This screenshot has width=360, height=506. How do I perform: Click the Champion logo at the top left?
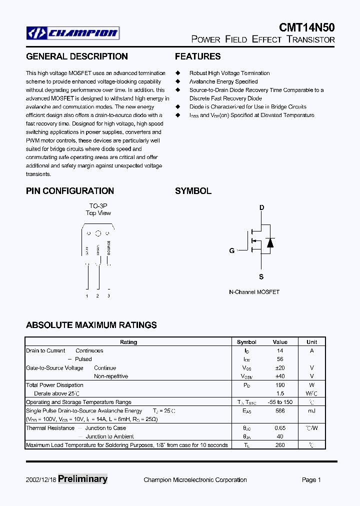(73, 33)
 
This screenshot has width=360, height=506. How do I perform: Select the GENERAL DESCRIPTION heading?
(76, 56)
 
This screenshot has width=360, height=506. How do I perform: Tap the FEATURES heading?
(197, 56)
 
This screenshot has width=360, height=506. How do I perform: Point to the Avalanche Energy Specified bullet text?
(223, 81)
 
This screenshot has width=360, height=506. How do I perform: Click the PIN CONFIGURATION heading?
(70, 191)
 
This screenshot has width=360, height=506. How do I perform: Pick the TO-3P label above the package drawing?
(98, 206)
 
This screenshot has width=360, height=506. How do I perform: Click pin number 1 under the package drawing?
(87, 296)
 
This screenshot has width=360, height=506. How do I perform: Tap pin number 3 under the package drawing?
(108, 296)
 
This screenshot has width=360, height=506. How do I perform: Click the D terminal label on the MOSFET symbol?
(261, 207)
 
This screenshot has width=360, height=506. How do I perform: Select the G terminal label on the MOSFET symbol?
(232, 250)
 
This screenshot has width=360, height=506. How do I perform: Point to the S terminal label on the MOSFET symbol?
(261, 276)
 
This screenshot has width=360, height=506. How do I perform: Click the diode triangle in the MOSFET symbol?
(270, 242)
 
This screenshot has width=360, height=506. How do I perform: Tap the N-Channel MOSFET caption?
(254, 291)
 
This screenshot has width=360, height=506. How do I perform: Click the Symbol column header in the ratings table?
(246, 342)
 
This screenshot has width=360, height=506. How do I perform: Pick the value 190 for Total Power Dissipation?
(280, 385)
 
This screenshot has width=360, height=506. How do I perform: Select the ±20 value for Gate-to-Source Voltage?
(280, 367)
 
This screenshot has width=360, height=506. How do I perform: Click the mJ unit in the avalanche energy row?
(311, 410)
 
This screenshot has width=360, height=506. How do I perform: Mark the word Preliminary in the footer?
(82, 479)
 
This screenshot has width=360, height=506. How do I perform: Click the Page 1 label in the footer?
(311, 480)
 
